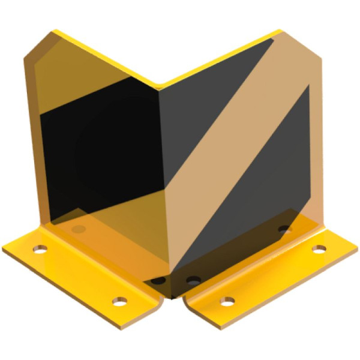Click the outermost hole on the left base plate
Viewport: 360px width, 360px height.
[x=40, y=248]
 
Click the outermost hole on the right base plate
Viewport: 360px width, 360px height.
[x=319, y=248]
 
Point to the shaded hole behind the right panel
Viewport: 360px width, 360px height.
[x=284, y=229]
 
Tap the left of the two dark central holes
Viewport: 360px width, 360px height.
[x=158, y=280]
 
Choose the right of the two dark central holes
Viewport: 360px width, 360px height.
[x=193, y=280]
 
